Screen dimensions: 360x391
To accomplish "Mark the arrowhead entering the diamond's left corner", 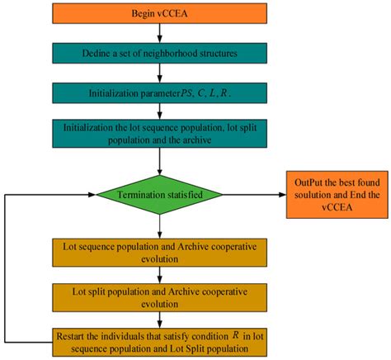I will pos(91,196).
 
